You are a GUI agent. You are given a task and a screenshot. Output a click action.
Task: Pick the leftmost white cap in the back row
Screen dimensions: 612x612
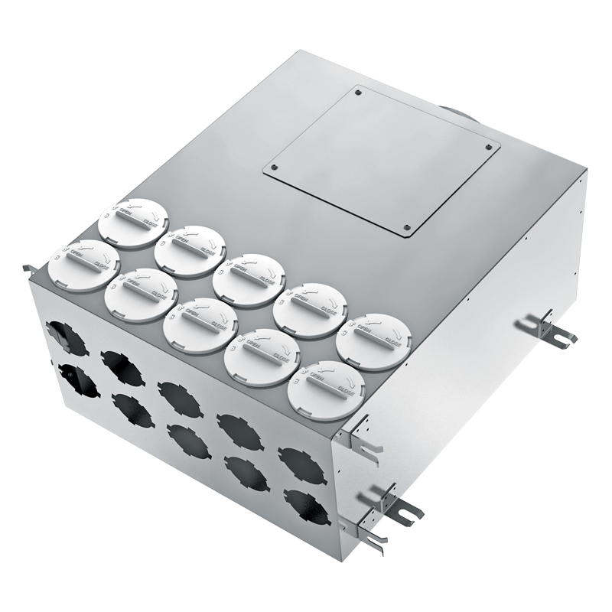[125, 223]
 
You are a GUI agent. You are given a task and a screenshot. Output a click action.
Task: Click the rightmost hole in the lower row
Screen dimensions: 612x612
[302, 500]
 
